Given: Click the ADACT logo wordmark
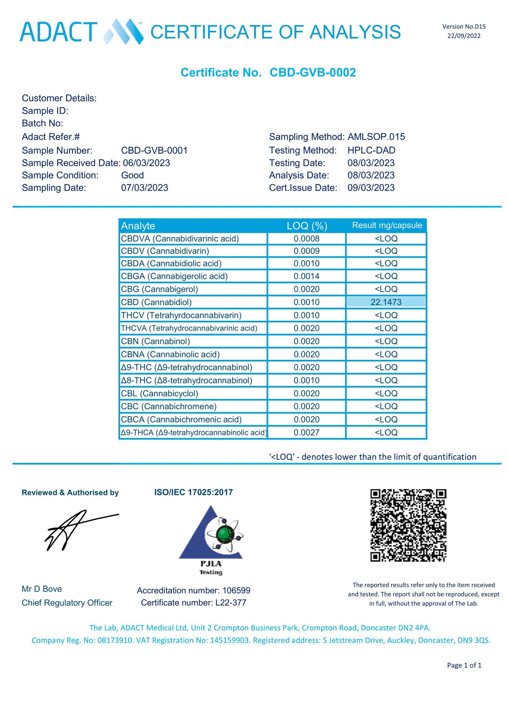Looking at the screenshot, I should tap(59, 32).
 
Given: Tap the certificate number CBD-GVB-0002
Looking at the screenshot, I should tap(312, 72).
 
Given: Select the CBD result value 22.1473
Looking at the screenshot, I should tap(386, 302).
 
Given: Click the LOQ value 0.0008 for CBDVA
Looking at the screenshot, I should tap(306, 239).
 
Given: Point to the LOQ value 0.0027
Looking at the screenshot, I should tap(306, 432).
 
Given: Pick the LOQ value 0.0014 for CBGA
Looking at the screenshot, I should tap(306, 276).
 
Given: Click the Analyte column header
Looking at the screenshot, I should tap(138, 226).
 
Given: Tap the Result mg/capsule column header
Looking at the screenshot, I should tap(387, 225).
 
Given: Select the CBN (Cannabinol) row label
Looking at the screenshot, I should tap(155, 341).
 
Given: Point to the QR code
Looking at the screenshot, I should tap(408, 525).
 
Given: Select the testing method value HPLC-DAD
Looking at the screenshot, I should tap(371, 150).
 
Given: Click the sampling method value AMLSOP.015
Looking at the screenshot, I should tap(376, 137).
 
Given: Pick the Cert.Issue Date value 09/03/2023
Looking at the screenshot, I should tap(371, 187).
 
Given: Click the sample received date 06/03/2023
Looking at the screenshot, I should tap(146, 163).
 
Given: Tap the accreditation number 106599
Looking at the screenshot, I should tap(236, 590).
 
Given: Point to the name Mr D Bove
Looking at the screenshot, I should tap(42, 589).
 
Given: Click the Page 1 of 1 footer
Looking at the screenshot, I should tap(464, 665).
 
